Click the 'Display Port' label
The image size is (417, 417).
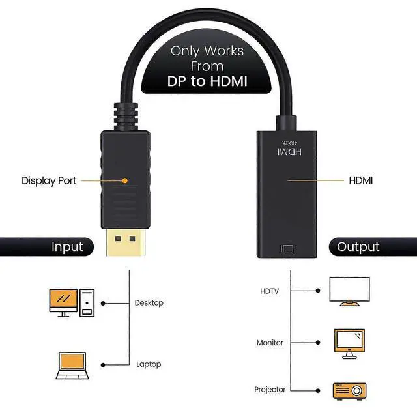(x=48, y=180)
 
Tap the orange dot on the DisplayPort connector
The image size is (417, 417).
(x=126, y=180)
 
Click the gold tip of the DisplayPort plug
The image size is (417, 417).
(x=125, y=246)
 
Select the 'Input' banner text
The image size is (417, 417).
(x=68, y=247)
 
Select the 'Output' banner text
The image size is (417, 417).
(x=358, y=247)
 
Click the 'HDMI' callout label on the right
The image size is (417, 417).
(x=361, y=180)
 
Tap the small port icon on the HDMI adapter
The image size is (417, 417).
(x=288, y=249)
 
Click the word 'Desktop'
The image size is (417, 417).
(x=149, y=302)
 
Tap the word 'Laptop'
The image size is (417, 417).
(x=148, y=364)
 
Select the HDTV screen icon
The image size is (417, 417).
(x=349, y=291)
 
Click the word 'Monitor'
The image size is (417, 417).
(x=270, y=342)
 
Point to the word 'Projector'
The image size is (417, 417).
(x=270, y=390)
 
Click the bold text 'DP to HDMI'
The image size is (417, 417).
(x=208, y=81)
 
